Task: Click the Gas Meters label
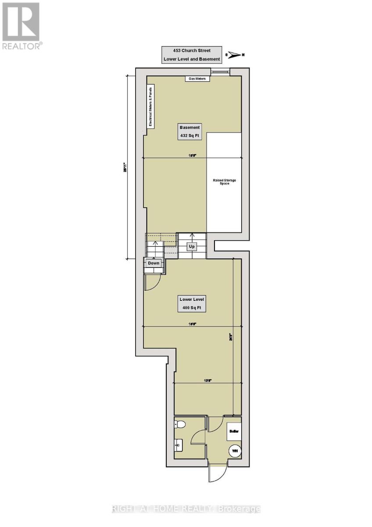tap(197, 79)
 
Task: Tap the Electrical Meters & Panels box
tap(150, 106)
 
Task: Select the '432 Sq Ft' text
tap(190, 136)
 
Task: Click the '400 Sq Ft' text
tap(192, 307)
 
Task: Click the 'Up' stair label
tap(191, 247)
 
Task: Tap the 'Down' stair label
tap(154, 263)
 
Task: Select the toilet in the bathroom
tap(180, 424)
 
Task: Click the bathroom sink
tap(179, 446)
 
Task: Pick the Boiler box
tap(233, 432)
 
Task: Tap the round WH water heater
tap(235, 451)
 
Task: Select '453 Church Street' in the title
tap(188, 51)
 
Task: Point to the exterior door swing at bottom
tap(218, 474)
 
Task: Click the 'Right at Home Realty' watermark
tap(186, 509)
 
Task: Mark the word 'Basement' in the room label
tap(190, 127)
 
